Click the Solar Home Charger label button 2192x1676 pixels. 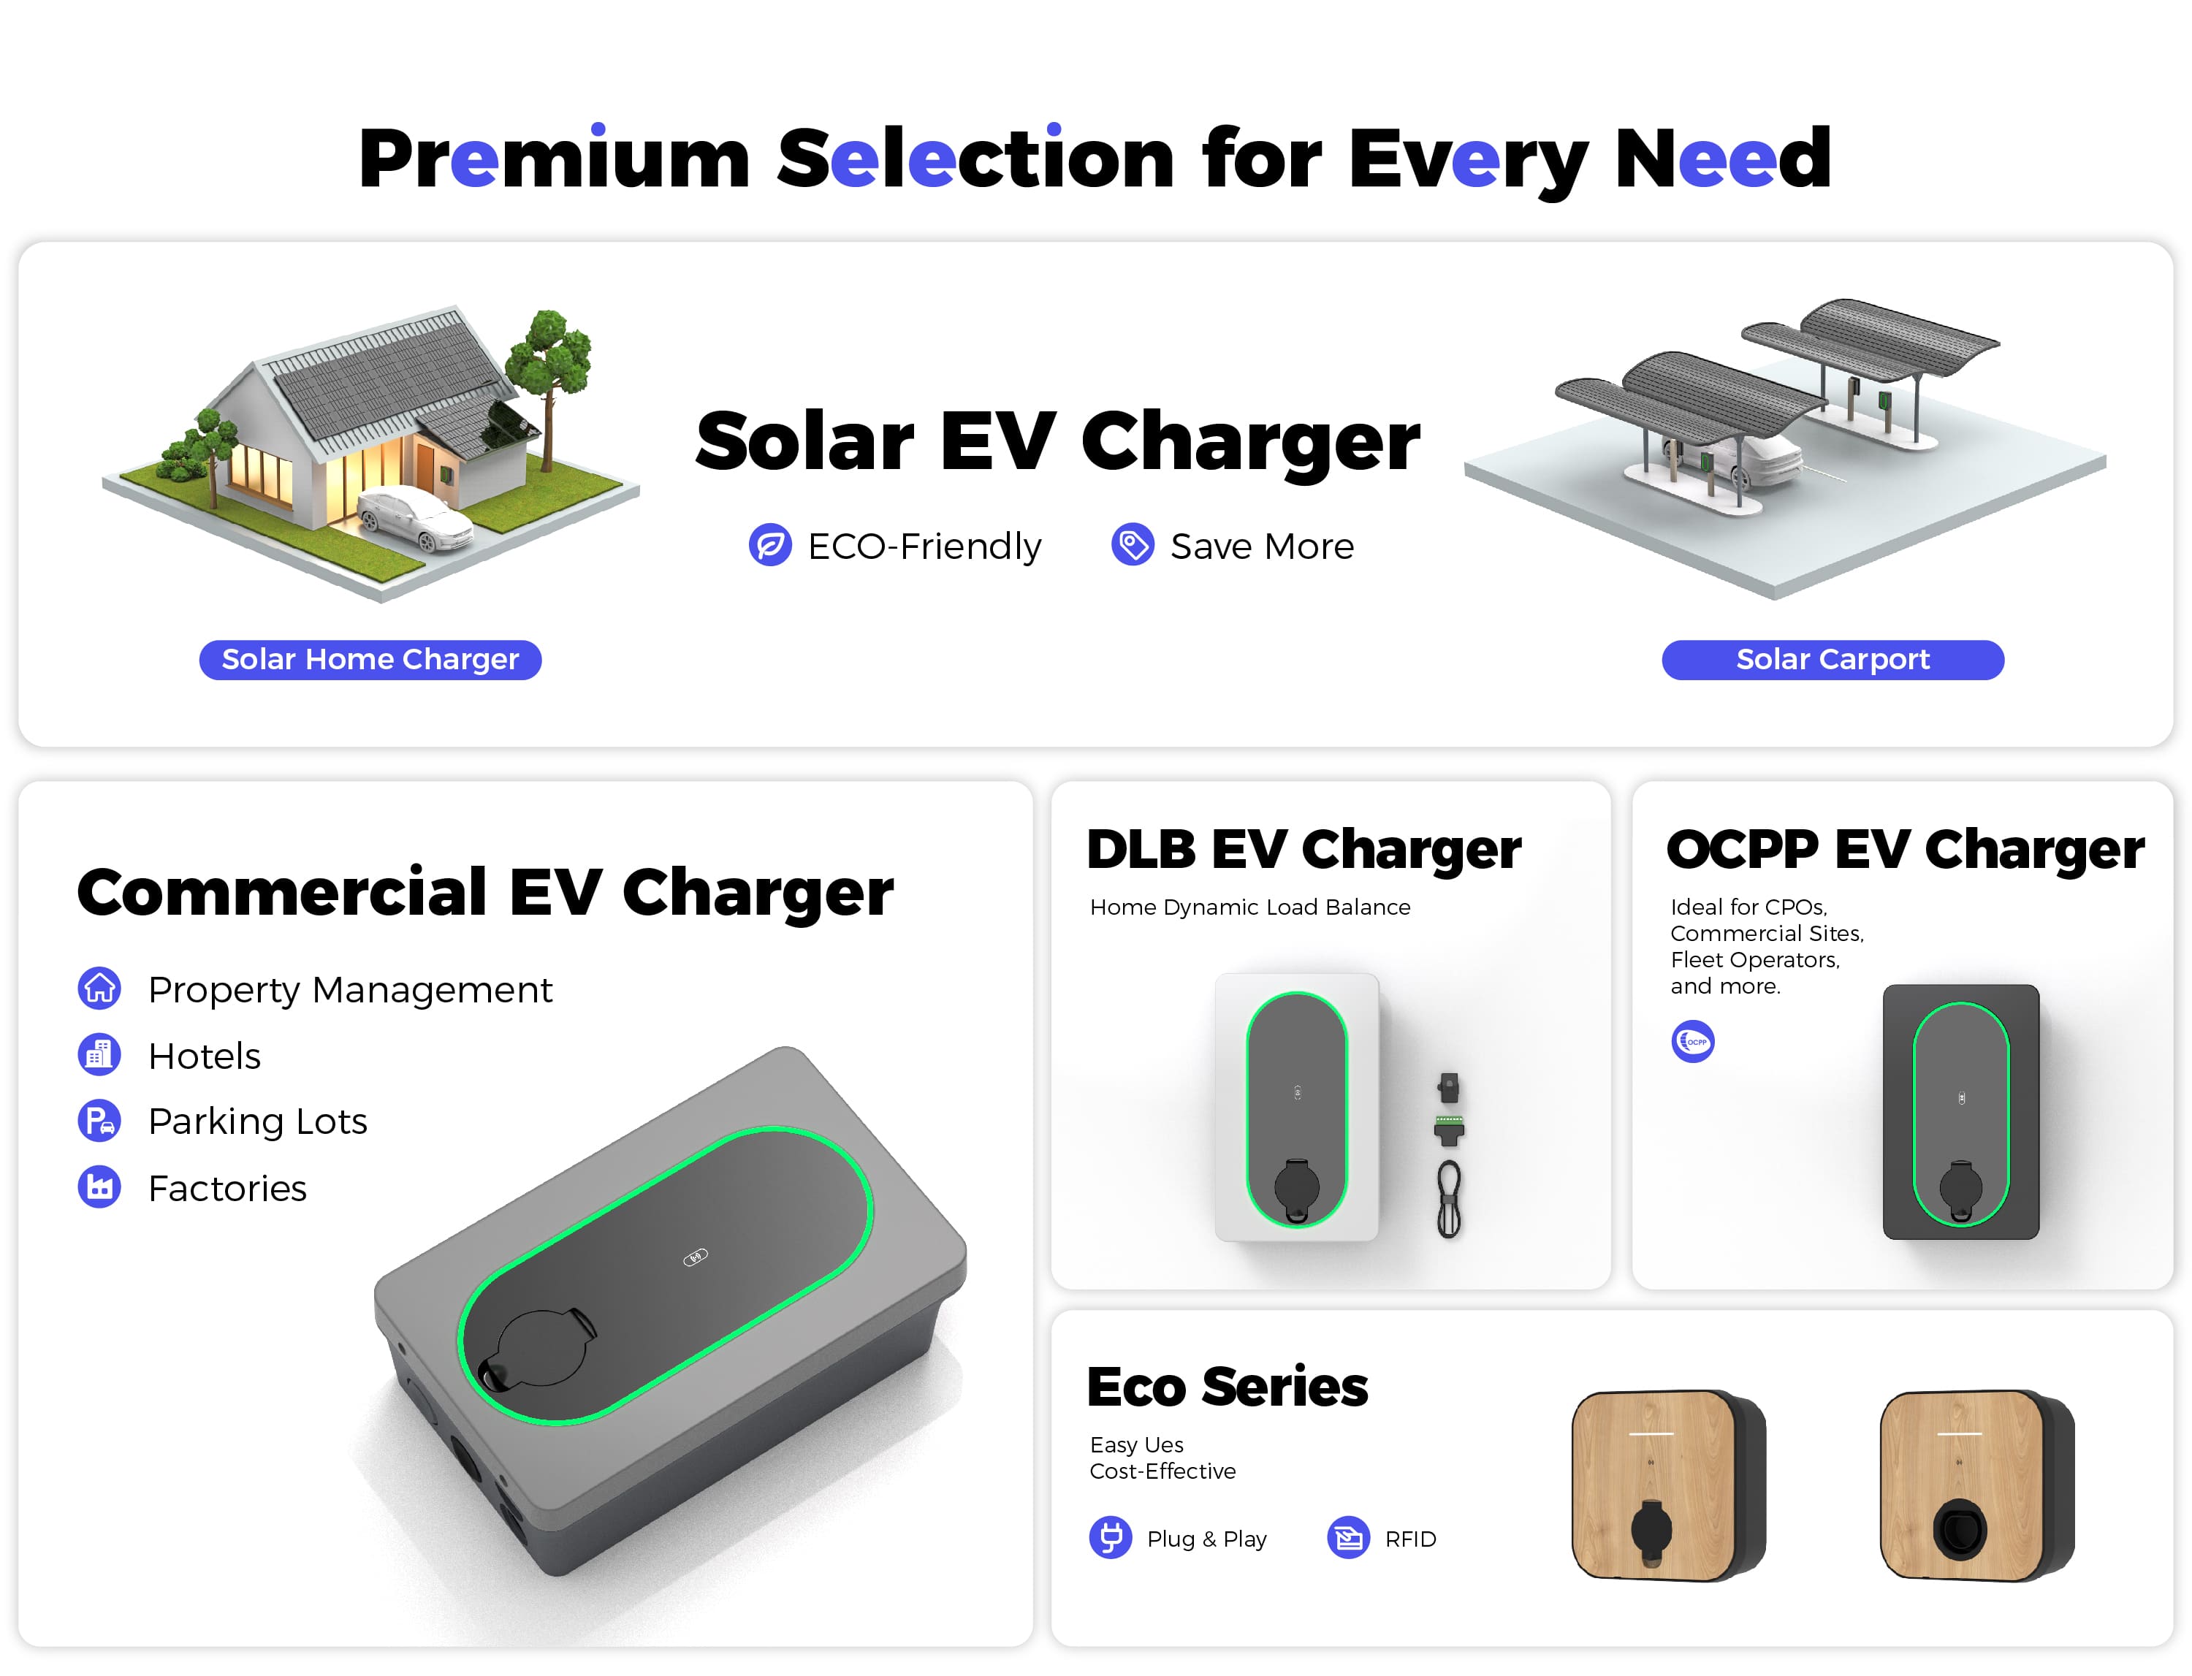[370, 660]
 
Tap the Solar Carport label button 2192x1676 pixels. [1832, 660]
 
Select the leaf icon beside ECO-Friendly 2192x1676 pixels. [770, 545]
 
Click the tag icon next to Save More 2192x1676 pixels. [1133, 545]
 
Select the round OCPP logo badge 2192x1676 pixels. [1692, 1042]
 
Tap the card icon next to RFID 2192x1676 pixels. [1348, 1537]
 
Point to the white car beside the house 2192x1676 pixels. [414, 517]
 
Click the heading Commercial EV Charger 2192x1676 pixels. [485, 892]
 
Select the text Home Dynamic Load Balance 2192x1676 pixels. [1249, 907]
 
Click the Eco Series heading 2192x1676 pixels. [1228, 1387]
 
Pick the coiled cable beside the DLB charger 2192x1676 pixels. [1449, 1199]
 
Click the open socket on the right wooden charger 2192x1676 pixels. [1960, 1528]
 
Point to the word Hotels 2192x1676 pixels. [205, 1056]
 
